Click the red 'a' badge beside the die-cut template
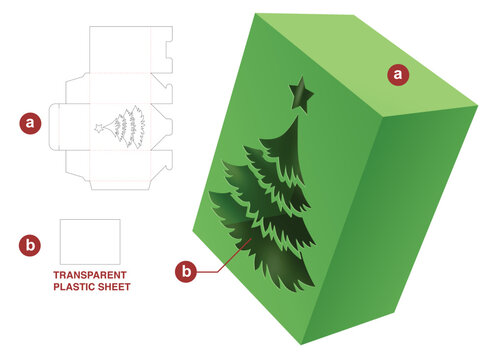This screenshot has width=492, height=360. (31, 123)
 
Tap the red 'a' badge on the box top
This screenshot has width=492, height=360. (399, 73)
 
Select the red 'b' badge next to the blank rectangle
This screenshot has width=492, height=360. (31, 244)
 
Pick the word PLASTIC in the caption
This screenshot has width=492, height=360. (73, 287)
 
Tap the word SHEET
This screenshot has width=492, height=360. (113, 287)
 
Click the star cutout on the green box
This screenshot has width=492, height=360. (300, 94)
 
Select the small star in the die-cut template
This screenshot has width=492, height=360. (98, 128)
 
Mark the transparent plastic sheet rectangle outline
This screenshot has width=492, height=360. (90, 240)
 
